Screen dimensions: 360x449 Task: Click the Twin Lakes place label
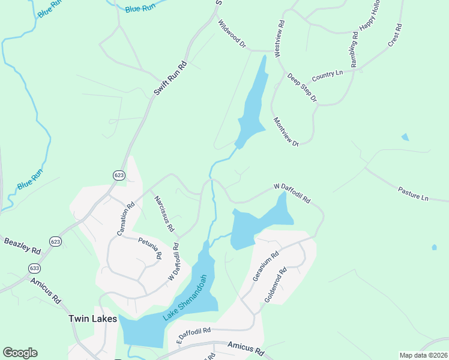coord(92,319)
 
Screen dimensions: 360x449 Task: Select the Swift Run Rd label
coord(170,77)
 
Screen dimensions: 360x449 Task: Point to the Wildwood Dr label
coord(232,34)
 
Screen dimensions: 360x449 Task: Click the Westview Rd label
coord(280,40)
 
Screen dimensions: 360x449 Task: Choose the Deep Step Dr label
coord(301,87)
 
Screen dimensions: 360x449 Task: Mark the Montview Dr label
coord(286,131)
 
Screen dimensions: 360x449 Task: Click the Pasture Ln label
coord(414,193)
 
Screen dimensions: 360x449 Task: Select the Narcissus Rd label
coord(163,213)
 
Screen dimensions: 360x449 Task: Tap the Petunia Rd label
coord(150,248)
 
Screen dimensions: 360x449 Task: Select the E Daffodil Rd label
coord(193,333)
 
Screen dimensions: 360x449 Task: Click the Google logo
coord(20,353)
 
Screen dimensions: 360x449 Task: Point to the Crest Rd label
coord(394,37)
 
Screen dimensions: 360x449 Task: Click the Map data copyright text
coord(423,355)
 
